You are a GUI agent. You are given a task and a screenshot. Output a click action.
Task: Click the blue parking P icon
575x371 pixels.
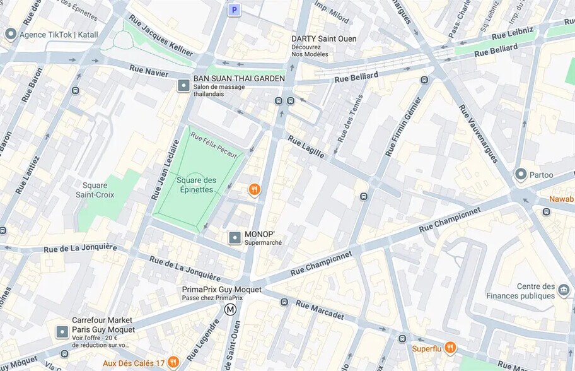[235, 9]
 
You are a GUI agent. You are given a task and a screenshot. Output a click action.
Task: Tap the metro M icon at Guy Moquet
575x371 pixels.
[231, 309]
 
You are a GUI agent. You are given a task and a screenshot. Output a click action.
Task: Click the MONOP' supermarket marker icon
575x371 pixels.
[235, 238]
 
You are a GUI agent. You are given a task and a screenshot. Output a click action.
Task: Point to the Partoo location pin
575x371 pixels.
[521, 174]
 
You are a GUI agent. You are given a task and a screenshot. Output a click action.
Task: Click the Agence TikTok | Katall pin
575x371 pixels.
[10, 34]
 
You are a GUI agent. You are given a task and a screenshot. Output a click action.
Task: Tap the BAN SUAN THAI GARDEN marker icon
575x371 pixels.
[183, 85]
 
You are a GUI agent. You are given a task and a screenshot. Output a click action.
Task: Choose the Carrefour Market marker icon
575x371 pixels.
[62, 331]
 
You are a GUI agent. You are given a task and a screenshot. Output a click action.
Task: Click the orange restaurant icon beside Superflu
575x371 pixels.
[450, 348]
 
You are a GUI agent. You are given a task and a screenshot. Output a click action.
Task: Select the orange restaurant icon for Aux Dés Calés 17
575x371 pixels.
[173, 362]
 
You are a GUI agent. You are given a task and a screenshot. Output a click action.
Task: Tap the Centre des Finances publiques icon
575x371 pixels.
[563, 291]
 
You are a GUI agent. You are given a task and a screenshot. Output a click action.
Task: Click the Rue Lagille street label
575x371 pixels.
[306, 146]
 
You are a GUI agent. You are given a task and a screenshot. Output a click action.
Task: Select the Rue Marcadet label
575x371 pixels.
[320, 309]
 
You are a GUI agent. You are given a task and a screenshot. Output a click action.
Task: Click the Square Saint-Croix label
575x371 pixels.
[99, 190]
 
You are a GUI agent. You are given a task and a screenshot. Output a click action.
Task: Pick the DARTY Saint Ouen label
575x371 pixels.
[323, 39]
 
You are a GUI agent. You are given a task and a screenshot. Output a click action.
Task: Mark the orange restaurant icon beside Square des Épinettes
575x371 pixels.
[254, 189]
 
